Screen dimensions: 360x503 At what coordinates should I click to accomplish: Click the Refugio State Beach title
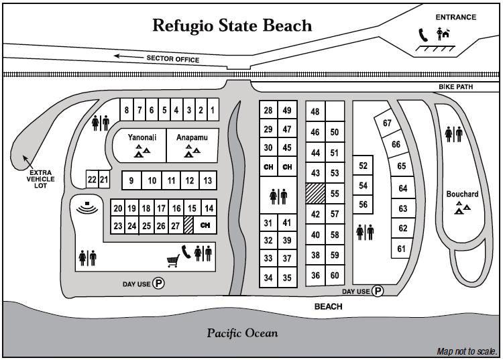[232, 25]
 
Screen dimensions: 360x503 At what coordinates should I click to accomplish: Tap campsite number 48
[315, 112]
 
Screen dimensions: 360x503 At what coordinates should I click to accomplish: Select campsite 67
[387, 123]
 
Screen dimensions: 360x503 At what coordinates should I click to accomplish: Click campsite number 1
[212, 110]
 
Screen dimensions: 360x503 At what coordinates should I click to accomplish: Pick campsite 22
[92, 180]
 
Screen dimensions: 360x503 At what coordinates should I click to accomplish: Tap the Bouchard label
[462, 194]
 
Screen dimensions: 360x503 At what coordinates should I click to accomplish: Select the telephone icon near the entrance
[423, 34]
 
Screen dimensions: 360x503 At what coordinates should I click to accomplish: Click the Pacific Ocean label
[242, 333]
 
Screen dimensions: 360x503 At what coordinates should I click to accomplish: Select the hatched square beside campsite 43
[315, 194]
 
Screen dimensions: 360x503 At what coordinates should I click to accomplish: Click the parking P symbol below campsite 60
[378, 291]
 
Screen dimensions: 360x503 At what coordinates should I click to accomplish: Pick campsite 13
[208, 180]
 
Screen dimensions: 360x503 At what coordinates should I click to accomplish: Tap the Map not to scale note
[466, 351]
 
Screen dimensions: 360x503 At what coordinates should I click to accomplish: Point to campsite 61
[402, 249]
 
